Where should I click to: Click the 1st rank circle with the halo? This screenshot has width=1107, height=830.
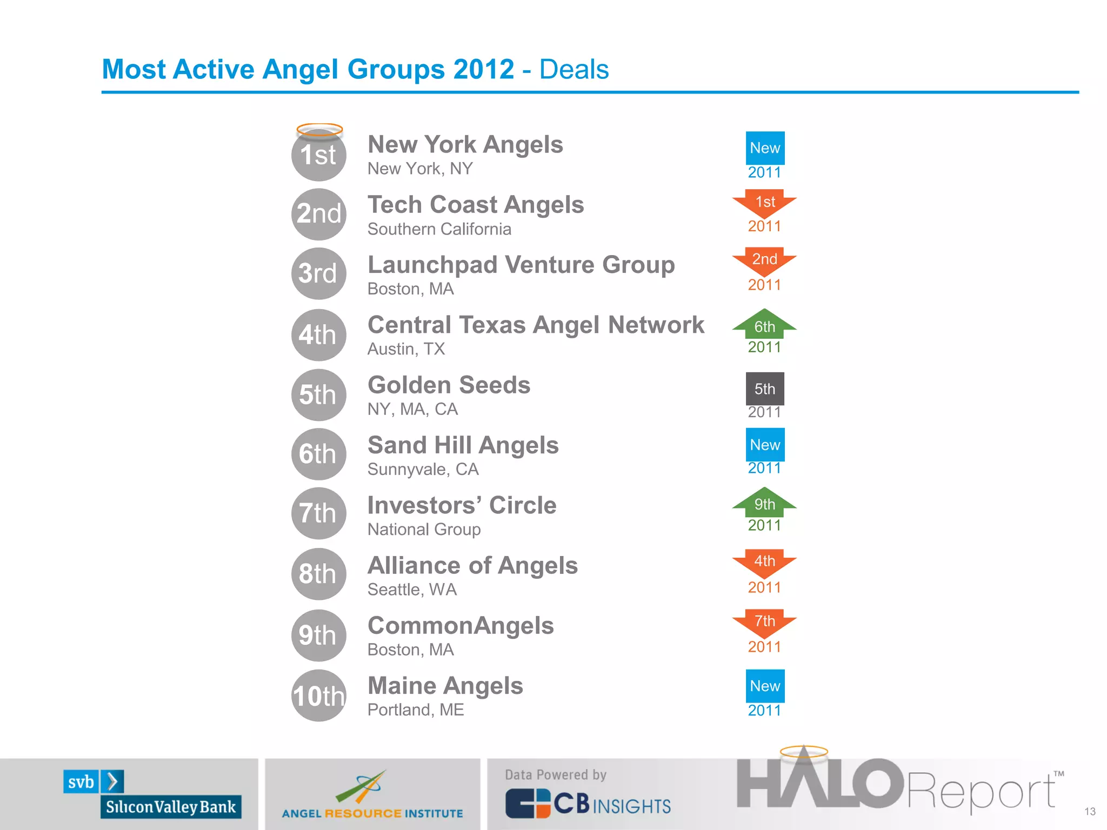coord(318,153)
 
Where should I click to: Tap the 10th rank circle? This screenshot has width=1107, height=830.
coord(318,695)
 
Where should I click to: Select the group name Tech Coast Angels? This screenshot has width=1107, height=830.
coord(476,205)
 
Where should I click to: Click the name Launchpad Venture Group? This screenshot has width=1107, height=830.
coord(521,265)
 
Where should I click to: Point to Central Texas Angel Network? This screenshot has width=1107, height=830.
coord(536,325)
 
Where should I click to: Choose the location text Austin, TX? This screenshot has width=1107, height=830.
coord(406,349)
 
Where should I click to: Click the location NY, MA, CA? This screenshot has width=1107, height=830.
coord(412,409)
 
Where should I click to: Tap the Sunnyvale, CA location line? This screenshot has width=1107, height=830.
coord(423,469)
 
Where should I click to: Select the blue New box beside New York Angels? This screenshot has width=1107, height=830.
coord(765,148)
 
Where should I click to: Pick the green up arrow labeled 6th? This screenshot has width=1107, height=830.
coord(764,324)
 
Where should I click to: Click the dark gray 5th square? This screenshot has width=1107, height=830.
coord(765,389)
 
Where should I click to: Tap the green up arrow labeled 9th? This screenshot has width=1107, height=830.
coord(764,502)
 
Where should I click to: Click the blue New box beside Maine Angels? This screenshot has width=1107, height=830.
coord(765,686)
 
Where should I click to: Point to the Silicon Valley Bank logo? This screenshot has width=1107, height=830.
coord(152,794)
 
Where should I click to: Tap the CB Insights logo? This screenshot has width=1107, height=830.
coord(588,804)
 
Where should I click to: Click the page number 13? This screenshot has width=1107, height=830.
coord(1090,812)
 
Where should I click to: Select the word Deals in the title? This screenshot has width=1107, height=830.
coord(573,69)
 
